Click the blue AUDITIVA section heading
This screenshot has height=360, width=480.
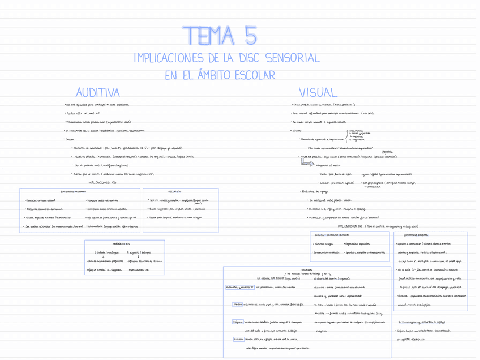pos(98,92)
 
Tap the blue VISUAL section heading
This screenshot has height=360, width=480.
pos(318,92)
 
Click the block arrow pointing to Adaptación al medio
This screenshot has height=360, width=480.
pos(307,164)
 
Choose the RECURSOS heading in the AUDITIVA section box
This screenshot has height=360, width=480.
pos(175,192)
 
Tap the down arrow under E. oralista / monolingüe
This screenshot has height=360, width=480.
pos(103,256)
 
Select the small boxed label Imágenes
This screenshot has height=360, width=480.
pos(238,322)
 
